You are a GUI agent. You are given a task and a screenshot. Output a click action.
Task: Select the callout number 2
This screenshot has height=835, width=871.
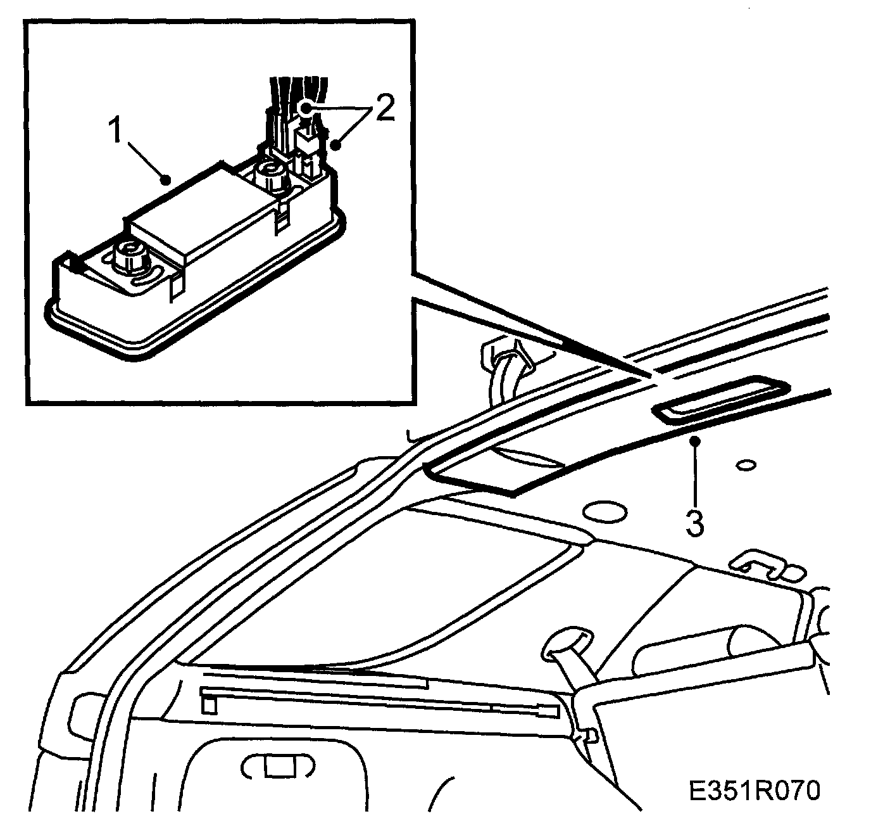click(x=384, y=109)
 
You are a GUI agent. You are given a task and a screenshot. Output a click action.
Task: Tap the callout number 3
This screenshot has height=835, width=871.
click(x=695, y=523)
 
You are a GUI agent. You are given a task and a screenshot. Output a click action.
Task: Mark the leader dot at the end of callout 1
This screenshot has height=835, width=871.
click(x=166, y=181)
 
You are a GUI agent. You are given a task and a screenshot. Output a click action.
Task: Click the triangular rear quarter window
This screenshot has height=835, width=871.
click(x=380, y=589)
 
